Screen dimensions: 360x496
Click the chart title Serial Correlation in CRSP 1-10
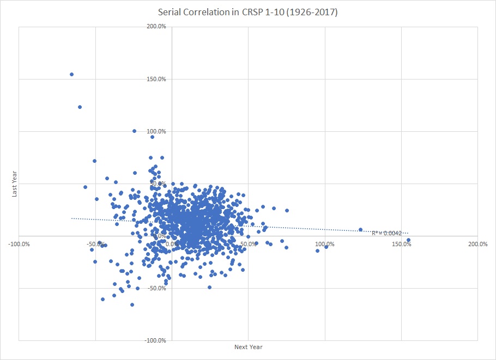click(248, 12)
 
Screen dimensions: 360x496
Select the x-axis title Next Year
click(248, 347)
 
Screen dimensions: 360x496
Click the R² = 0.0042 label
click(386, 233)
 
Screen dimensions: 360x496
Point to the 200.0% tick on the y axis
click(157, 27)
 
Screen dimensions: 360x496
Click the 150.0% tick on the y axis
click(157, 79)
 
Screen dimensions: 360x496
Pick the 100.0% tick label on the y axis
click(157, 131)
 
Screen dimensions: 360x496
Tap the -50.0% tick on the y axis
click(156, 288)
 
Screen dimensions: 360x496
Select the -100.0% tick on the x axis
click(19, 243)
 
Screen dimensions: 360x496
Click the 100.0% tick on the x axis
click(325, 243)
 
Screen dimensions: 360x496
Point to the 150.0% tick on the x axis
click(402, 243)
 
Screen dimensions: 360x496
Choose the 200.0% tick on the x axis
click(477, 243)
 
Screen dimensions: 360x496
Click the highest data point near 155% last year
click(71, 74)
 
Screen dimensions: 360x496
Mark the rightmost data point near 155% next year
click(408, 240)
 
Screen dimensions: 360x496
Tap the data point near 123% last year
click(80, 107)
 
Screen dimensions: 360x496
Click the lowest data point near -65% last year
click(132, 304)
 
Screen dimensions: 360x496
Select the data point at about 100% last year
click(134, 131)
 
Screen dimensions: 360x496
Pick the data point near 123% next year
click(360, 229)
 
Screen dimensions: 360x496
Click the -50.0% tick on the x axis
click(96, 243)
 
